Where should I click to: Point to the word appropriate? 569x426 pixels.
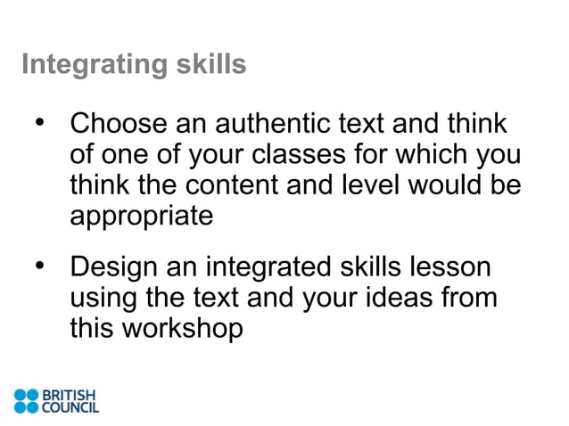142,217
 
